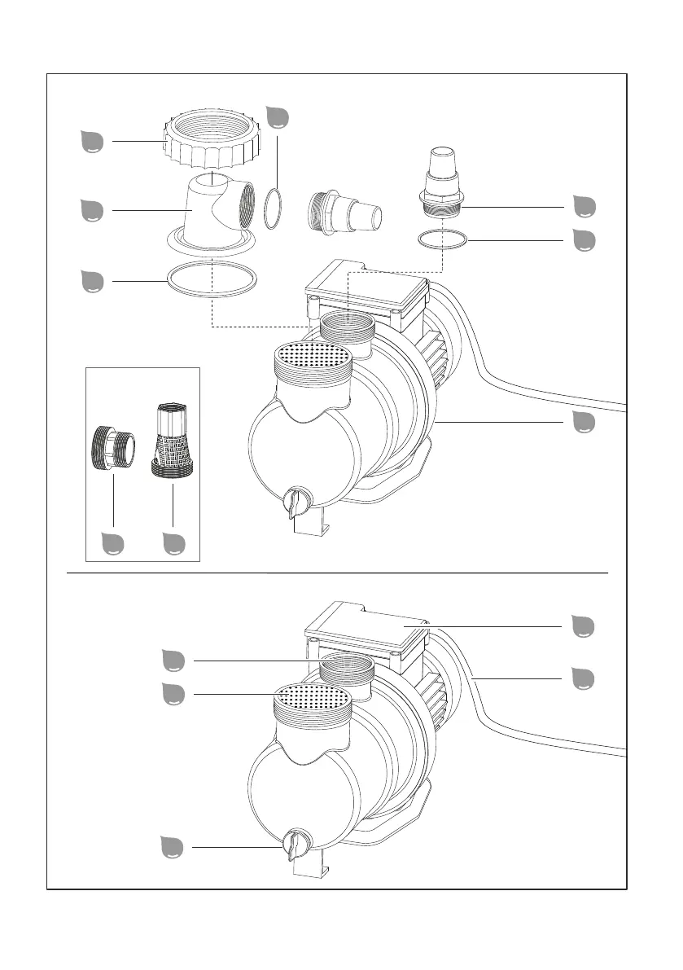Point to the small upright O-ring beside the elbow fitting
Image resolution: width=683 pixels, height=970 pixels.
276,209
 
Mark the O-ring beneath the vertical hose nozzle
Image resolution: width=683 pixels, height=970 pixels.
442,239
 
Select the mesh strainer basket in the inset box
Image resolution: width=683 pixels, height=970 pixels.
173,444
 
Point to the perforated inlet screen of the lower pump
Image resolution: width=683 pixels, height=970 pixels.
313,697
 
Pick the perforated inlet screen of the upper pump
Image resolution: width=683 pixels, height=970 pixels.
313,354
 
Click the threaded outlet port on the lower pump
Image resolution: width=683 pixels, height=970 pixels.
347,669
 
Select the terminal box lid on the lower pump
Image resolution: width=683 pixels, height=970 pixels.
366,627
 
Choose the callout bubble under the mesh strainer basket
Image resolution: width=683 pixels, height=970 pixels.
173,543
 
